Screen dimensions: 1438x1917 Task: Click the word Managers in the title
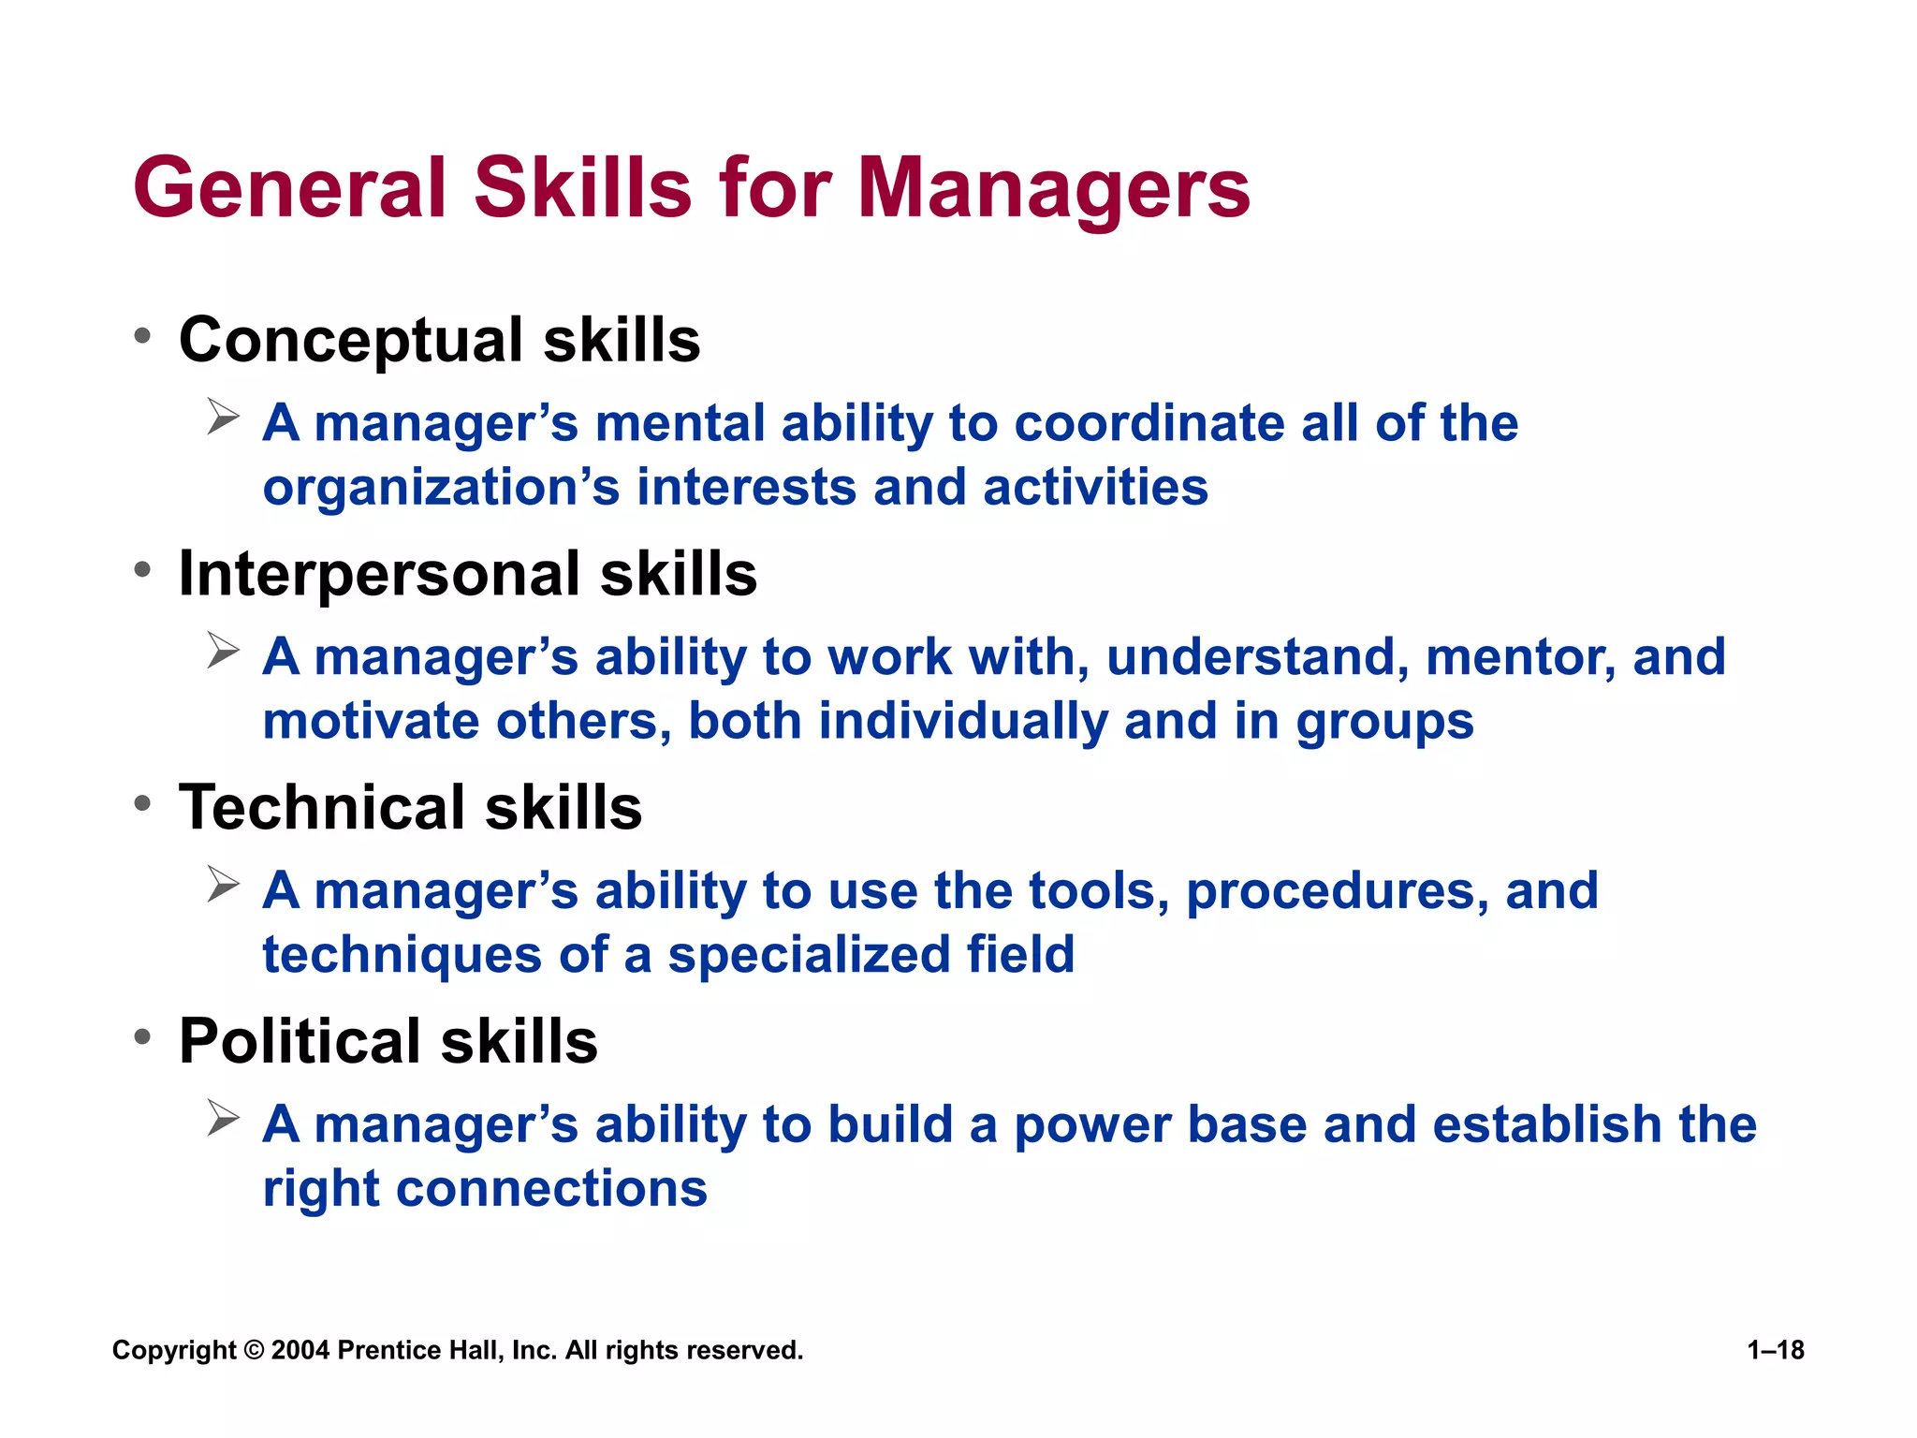pyautogui.click(x=1053, y=189)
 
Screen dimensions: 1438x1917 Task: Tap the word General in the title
pyautogui.click(x=290, y=189)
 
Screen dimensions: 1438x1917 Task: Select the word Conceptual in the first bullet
pyautogui.click(x=350, y=341)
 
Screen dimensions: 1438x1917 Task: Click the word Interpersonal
pyautogui.click(x=378, y=574)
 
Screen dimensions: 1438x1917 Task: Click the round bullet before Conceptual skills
pyautogui.click(x=142, y=336)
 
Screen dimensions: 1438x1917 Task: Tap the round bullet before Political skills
pyautogui.click(x=142, y=1037)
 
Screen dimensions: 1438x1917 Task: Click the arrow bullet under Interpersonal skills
pyautogui.click(x=224, y=651)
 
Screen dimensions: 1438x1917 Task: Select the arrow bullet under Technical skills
pyautogui.click(x=224, y=884)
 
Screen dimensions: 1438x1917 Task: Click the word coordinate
pyautogui.click(x=1149, y=423)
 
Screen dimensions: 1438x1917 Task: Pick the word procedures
pyautogui.click(x=1337, y=890)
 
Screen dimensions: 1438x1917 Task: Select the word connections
pyautogui.click(x=551, y=1189)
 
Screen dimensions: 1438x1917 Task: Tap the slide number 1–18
pyautogui.click(x=1776, y=1350)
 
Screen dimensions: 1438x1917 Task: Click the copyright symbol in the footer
pyautogui.click(x=254, y=1351)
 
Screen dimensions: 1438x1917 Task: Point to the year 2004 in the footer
pyautogui.click(x=300, y=1351)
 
